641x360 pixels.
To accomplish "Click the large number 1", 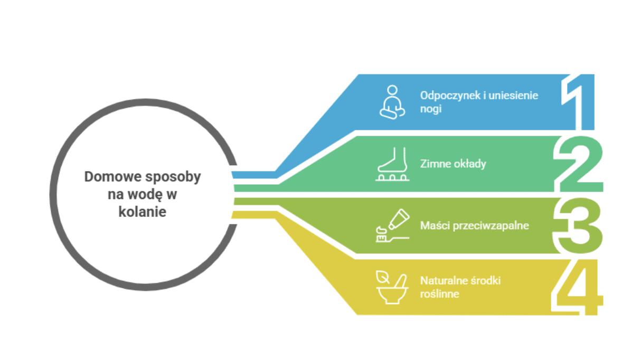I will point(580,102).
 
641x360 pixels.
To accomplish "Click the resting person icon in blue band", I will point(391,102).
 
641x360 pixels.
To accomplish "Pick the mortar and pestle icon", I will point(391,288).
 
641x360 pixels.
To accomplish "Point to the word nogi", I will point(431,109).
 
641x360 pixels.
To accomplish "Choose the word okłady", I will point(469,164).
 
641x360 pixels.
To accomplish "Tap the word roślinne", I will point(439,294).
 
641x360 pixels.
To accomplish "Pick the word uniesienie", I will point(512,96).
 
